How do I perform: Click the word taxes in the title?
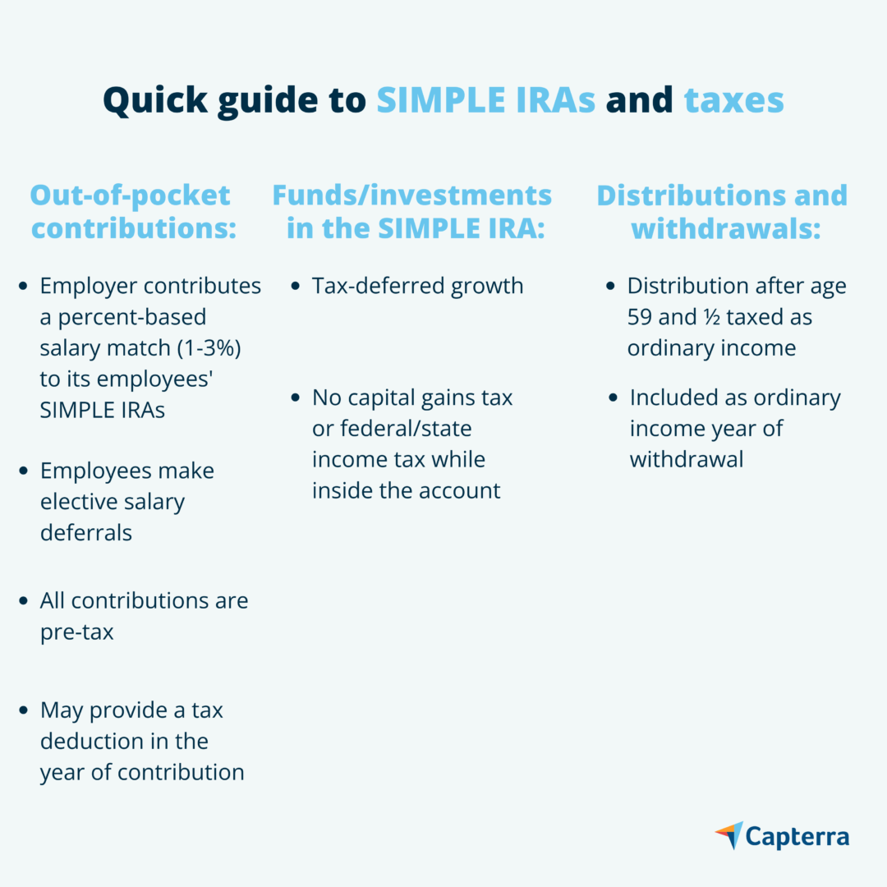click(733, 100)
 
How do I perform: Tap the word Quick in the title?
click(155, 101)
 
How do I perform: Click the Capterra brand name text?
click(797, 837)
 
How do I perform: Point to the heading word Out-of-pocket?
click(130, 195)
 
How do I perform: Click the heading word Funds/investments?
click(411, 195)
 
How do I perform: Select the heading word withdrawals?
click(726, 228)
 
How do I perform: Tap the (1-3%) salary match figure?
click(209, 348)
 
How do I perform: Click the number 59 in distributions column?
click(639, 317)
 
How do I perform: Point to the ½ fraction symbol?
click(712, 317)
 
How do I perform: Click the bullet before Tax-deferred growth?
click(295, 287)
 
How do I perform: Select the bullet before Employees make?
click(23, 471)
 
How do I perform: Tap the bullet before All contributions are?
click(23, 600)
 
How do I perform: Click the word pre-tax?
click(77, 632)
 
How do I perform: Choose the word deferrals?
click(86, 533)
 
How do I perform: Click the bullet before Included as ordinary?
click(613, 398)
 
